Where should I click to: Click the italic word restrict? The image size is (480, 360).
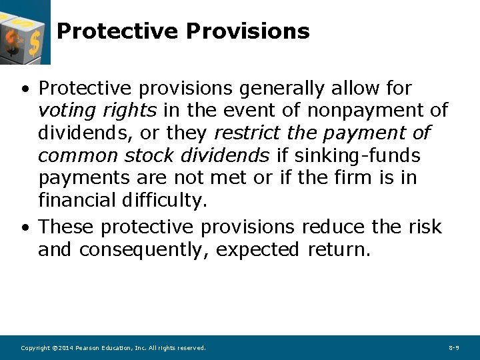tap(246, 133)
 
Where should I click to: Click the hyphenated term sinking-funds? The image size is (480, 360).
tap(357, 156)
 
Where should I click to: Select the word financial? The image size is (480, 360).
tap(77, 201)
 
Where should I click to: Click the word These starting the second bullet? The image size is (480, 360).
tap(67, 227)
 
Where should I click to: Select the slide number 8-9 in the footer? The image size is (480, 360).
tap(454, 348)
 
